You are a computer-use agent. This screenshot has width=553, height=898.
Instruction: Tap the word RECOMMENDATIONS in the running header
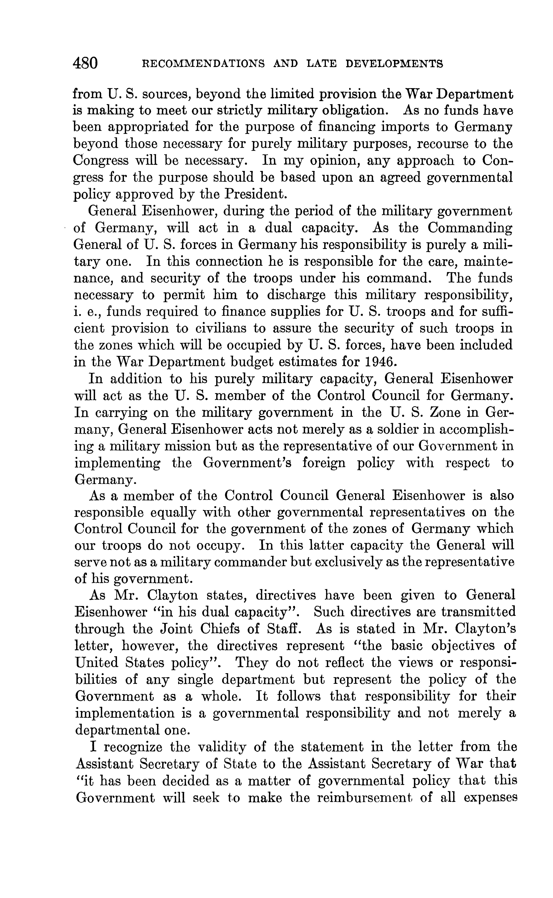tap(203, 64)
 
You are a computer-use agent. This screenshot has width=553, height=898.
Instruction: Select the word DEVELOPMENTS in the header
tap(394, 64)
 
